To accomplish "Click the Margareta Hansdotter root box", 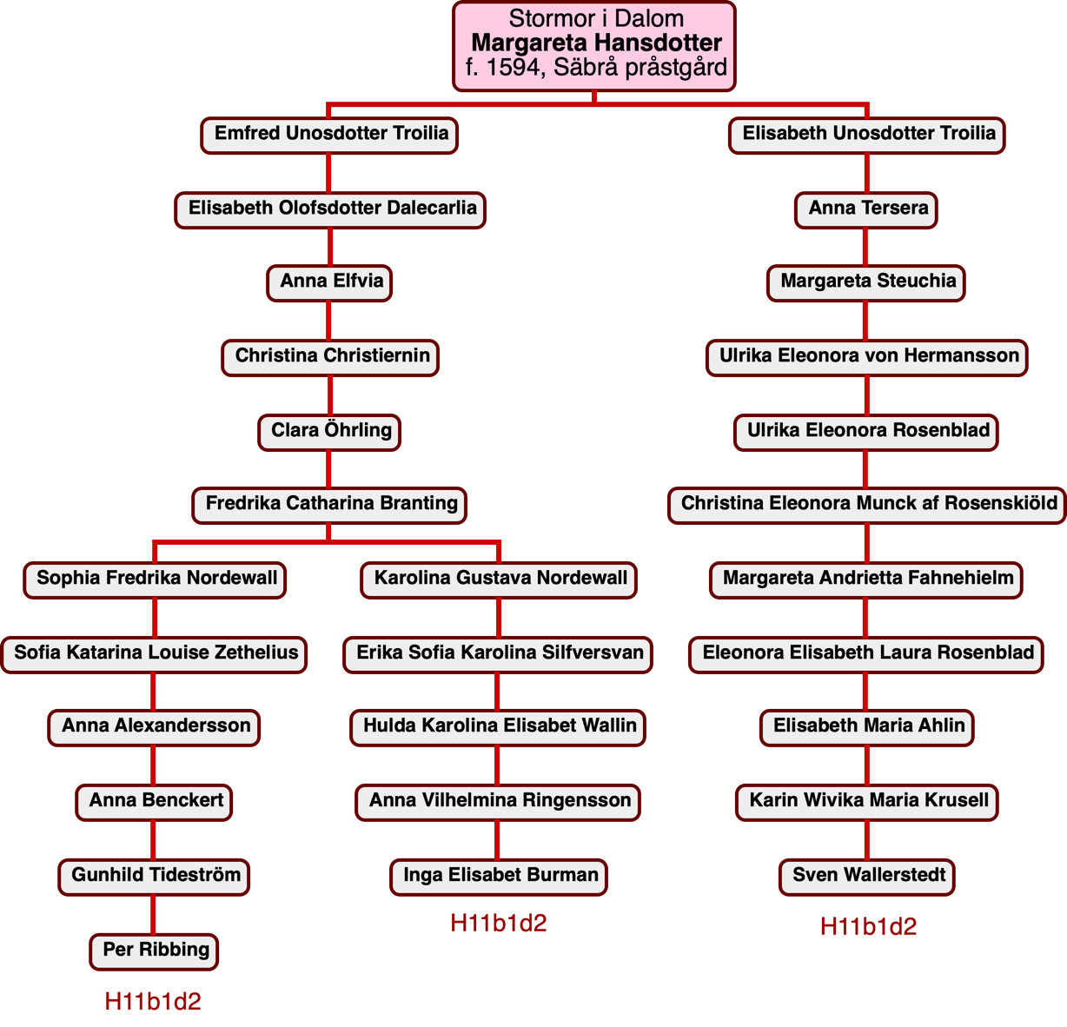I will pos(594,44).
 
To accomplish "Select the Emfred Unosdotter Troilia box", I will pos(330,134).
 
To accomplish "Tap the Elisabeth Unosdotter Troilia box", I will pos(867,134).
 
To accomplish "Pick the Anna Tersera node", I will pos(866,209).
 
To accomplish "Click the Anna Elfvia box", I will pos(330,282).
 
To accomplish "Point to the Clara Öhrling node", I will pos(330,431).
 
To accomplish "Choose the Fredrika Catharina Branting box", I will pos(330,504).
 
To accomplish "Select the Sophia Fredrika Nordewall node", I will pos(156,579).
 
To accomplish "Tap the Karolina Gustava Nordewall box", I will pos(500,579).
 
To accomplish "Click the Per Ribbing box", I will pos(155,950).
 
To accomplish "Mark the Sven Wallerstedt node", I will pos(867,875).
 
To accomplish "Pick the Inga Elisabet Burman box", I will pos(500,875).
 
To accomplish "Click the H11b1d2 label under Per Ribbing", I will pos(153,1002).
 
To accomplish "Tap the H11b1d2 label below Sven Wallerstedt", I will pos(868,926).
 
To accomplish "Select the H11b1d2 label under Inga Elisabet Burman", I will pos(499,923).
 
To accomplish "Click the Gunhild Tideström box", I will pos(155,875).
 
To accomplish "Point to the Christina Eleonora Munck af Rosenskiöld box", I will pos(867,504).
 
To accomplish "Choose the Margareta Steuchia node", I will pos(866,282).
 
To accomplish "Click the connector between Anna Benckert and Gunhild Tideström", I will pos(155,838).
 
